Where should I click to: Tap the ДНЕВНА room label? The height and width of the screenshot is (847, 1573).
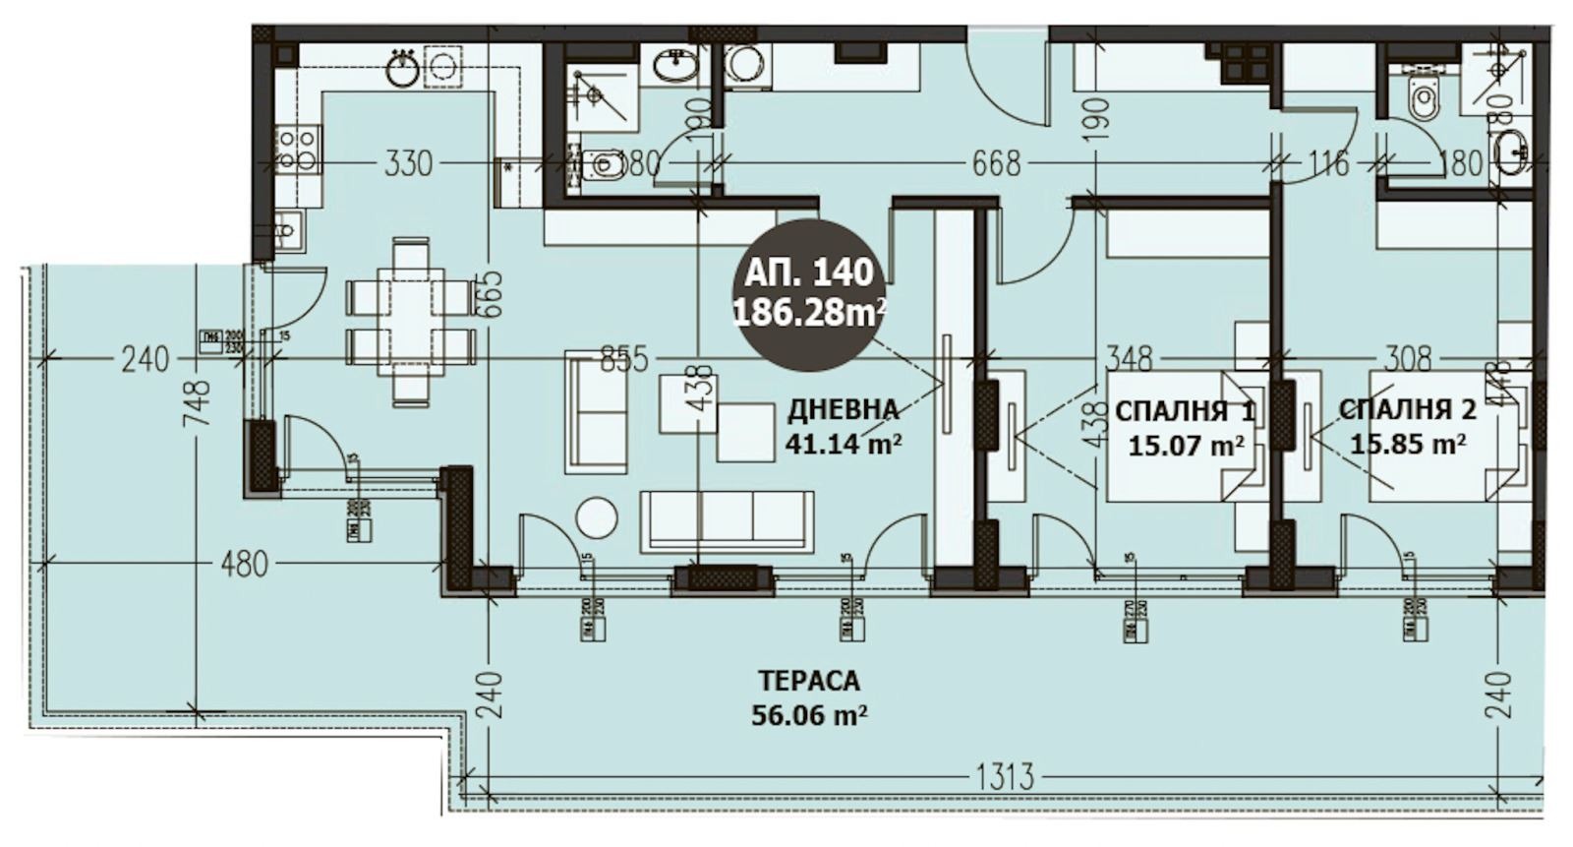(843, 409)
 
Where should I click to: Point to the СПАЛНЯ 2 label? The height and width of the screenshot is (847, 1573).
(1408, 409)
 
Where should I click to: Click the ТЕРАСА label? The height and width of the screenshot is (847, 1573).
(809, 681)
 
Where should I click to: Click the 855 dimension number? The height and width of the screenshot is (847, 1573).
(622, 359)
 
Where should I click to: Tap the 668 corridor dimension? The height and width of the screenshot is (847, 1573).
(996, 163)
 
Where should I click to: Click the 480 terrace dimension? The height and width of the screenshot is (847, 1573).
(243, 565)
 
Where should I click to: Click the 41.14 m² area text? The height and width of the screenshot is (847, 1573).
(844, 444)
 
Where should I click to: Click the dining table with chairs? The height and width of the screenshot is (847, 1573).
(410, 323)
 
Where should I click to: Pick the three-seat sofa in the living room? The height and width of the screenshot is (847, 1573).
(727, 521)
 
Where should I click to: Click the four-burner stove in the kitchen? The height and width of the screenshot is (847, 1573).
(296, 150)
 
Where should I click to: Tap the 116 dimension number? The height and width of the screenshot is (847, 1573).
(1329, 163)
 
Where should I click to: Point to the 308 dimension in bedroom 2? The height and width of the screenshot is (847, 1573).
(1408, 358)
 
